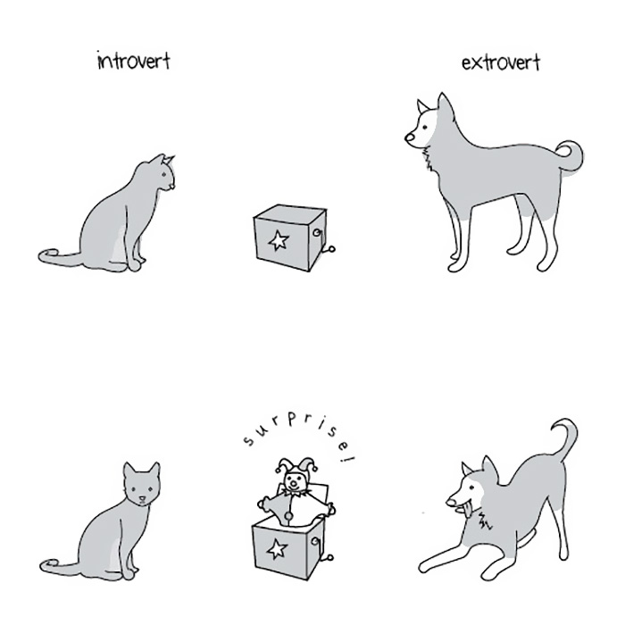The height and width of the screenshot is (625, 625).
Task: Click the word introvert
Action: point(134,62)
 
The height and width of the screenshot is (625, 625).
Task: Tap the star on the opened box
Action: point(277,548)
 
